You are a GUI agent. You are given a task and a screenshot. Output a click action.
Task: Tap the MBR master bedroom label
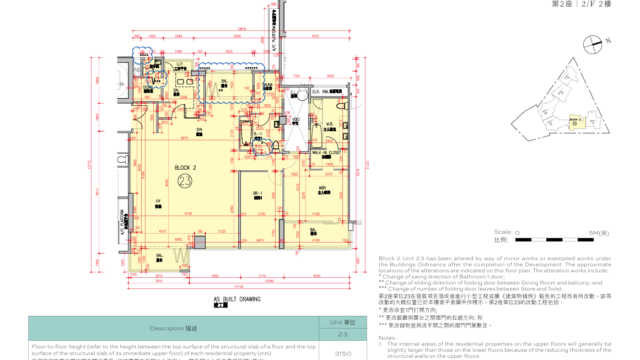coord(323,189)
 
